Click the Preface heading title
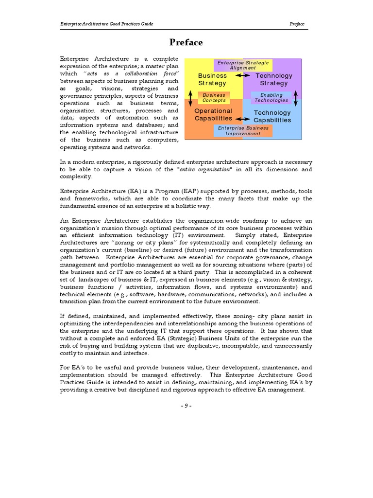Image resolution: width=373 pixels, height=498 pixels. tap(186, 42)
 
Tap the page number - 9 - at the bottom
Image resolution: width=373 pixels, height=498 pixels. tap(186, 407)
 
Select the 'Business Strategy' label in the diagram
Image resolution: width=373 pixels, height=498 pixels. tap(212, 79)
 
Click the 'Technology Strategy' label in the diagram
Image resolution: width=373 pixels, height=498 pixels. tap(274, 79)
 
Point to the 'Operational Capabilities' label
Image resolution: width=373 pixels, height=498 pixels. tap(213, 114)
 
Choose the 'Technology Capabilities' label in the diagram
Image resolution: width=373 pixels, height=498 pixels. tap(272, 116)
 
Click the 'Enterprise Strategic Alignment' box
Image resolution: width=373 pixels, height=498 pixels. tap(242, 65)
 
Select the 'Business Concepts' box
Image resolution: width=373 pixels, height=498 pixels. tap(214, 98)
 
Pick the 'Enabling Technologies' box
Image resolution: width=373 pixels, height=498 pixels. tap(271, 98)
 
